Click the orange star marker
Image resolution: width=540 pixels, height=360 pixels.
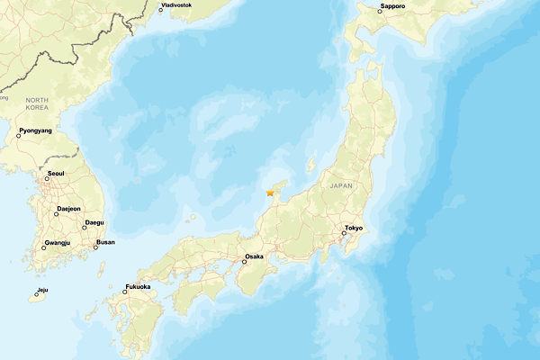pos(269,192)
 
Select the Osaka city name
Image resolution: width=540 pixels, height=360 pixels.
pos(254,256)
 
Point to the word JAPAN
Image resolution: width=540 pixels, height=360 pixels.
pos(342,185)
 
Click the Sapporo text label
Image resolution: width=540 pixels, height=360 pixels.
pos(392,6)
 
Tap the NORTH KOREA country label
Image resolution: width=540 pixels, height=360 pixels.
pos(37,103)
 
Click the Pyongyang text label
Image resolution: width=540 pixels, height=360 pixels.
pos(35,130)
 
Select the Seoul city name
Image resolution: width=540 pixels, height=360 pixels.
pos(55,173)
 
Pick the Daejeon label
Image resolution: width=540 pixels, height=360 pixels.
pos(68,208)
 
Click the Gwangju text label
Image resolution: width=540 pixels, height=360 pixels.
pos(57,243)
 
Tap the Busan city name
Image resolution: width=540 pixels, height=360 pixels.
pos(105,242)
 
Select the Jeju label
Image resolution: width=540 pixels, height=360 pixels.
pos(42,290)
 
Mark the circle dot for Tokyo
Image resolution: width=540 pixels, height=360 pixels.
pos(343,233)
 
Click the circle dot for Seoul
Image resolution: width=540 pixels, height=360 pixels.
pos(47,178)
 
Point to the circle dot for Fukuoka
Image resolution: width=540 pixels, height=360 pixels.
pos(125,292)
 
